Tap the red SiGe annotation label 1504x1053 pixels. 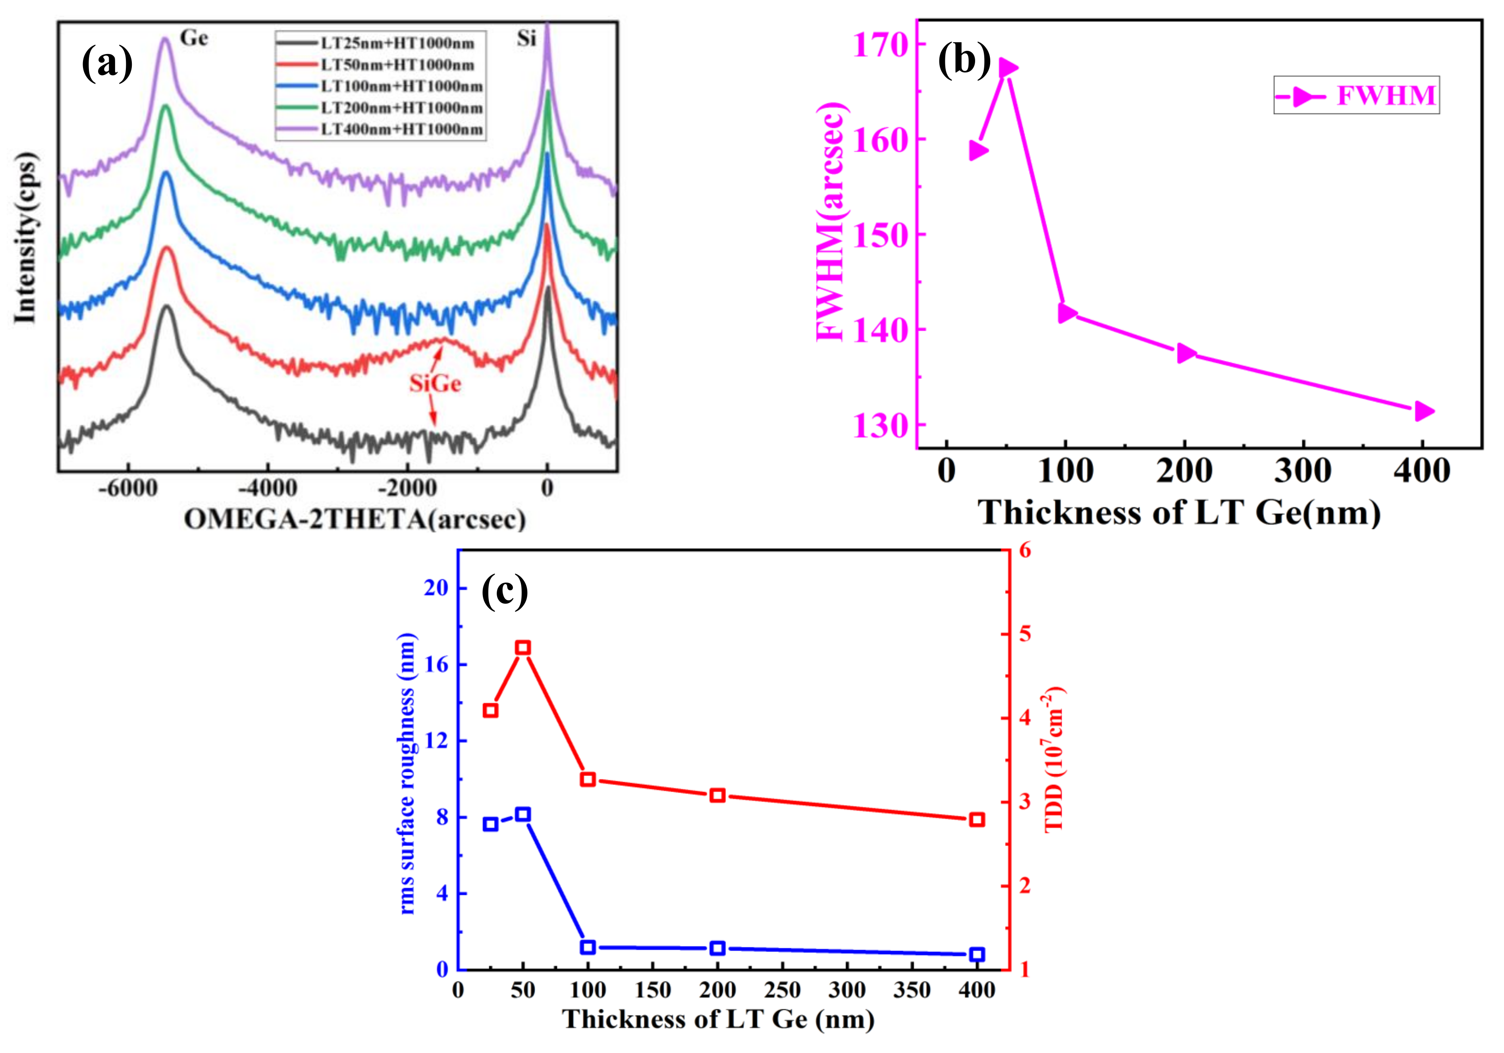[x=435, y=383]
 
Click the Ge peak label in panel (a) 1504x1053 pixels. [x=194, y=38]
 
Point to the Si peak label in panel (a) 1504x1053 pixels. [x=526, y=39]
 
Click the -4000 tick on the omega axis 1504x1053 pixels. [x=267, y=488]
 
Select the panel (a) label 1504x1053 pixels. [x=107, y=64]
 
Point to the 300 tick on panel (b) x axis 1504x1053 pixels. [x=1303, y=471]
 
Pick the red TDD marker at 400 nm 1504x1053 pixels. [x=977, y=820]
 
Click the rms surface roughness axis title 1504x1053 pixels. [x=407, y=773]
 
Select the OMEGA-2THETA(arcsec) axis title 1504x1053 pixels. [x=355, y=519]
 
